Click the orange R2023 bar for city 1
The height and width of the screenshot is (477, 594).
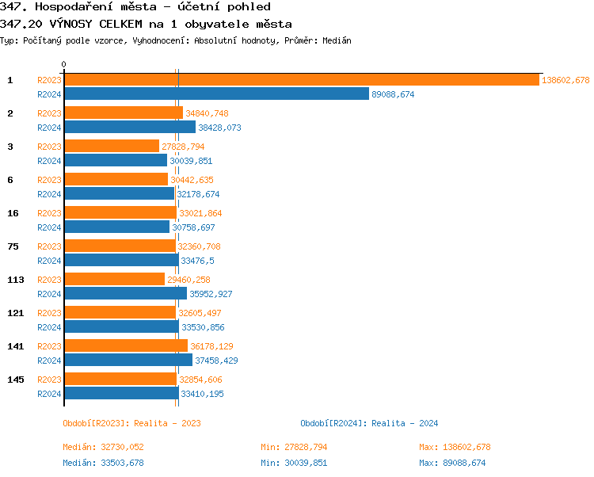click(301, 80)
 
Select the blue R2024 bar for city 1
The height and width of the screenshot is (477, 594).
click(216, 94)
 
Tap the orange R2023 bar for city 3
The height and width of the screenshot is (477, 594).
click(112, 147)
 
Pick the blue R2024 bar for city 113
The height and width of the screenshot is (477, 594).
click(125, 294)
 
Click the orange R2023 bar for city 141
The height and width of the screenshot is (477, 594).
click(126, 346)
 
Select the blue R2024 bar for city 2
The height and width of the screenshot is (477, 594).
click(130, 128)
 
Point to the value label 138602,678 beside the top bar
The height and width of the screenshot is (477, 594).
click(565, 80)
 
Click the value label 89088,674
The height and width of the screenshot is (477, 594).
click(393, 94)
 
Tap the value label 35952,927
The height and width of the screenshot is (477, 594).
click(211, 294)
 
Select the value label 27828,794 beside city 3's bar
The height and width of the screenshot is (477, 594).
click(183, 147)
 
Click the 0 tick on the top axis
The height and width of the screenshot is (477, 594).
click(64, 65)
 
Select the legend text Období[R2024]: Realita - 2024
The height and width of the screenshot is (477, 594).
click(369, 423)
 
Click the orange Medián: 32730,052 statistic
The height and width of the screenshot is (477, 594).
click(103, 447)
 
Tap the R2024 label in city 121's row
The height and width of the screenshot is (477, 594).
click(49, 327)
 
